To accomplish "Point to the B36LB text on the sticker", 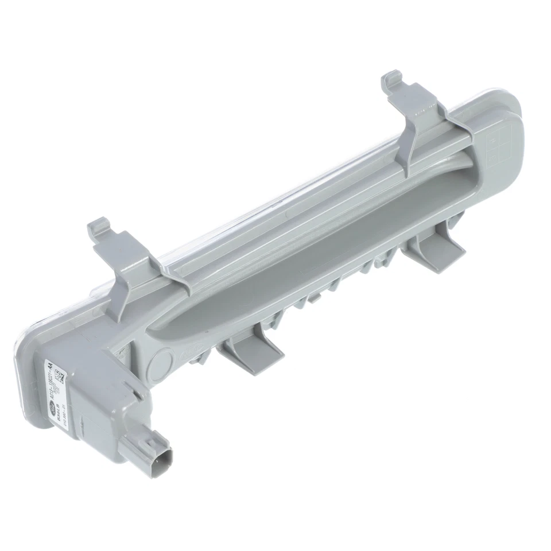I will click(60, 403).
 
